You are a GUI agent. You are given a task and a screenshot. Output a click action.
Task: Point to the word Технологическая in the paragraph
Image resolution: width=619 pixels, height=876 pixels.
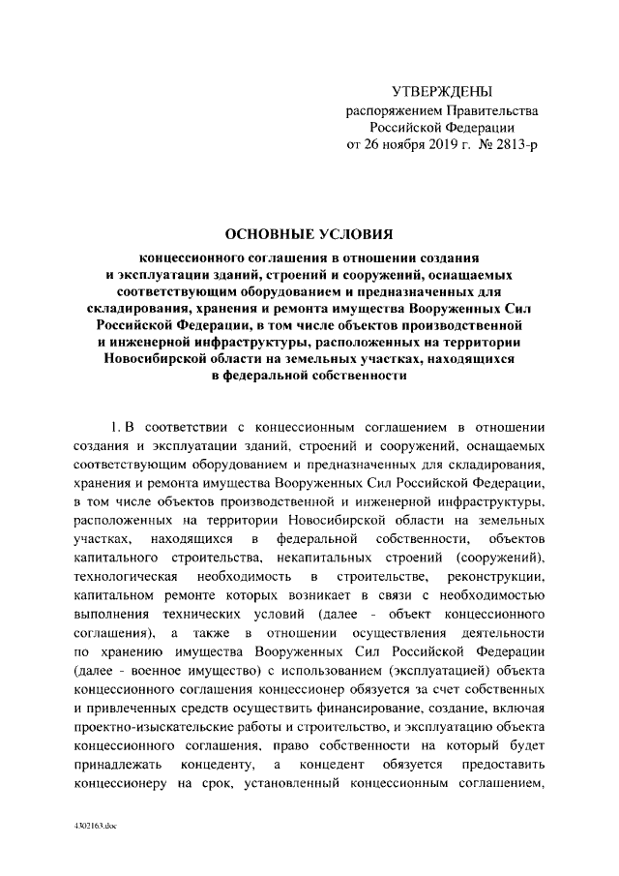(x=121, y=577)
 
